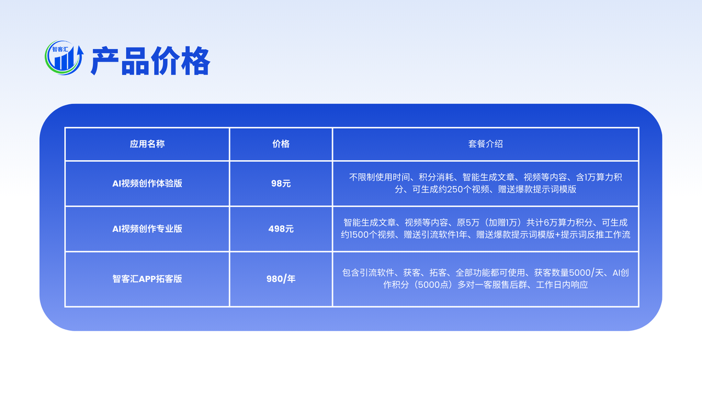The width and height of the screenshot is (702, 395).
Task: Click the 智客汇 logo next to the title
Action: pyautogui.click(x=64, y=58)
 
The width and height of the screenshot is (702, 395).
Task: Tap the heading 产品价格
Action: pyautogui.click(x=150, y=61)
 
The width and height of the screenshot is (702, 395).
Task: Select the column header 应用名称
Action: pyautogui.click(x=147, y=144)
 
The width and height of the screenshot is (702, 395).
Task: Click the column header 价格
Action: pyautogui.click(x=281, y=144)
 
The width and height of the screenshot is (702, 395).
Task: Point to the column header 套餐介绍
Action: pyautogui.click(x=485, y=144)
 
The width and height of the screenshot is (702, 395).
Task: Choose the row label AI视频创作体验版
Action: pyautogui.click(x=147, y=183)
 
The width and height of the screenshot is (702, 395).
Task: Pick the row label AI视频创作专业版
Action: pyautogui.click(x=147, y=229)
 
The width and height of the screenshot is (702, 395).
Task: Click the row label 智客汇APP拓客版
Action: pyautogui.click(x=147, y=279)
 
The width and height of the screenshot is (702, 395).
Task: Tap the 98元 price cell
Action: pyautogui.click(x=281, y=183)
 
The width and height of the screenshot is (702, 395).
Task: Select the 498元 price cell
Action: pyautogui.click(x=281, y=229)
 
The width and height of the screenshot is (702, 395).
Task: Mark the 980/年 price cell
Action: pyautogui.click(x=281, y=279)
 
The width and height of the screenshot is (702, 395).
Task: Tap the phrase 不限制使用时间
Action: pyautogui.click(x=380, y=177)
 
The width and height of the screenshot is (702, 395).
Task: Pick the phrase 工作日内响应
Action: pyautogui.click(x=562, y=285)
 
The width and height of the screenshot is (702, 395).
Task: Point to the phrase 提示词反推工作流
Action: pyautogui.click(x=596, y=235)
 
